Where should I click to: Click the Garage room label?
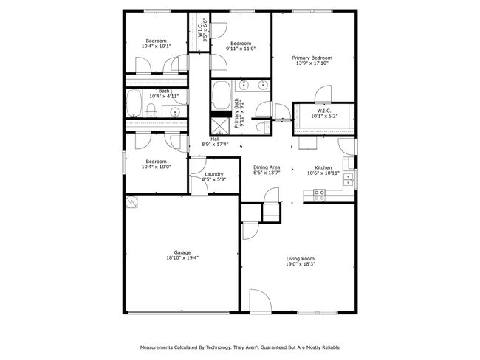tap(182, 252)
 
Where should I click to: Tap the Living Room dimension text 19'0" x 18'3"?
tap(301, 264)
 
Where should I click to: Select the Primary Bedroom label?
tap(312, 58)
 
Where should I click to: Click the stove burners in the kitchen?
tap(319, 195)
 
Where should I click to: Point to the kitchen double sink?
tap(348, 179)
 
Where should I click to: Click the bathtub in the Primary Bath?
tap(221, 95)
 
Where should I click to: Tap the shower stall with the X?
tap(220, 126)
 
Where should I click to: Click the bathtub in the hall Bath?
tap(134, 103)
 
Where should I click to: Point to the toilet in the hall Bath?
tap(151, 111)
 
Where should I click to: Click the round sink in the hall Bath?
tap(175, 111)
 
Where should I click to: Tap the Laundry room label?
tap(214, 174)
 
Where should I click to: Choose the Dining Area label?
tap(267, 167)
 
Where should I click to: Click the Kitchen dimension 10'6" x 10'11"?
tap(323, 173)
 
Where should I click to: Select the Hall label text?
tap(215, 139)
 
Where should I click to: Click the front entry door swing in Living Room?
tap(260, 301)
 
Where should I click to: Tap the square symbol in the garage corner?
tap(131, 202)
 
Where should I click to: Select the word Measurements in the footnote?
tap(157, 347)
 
